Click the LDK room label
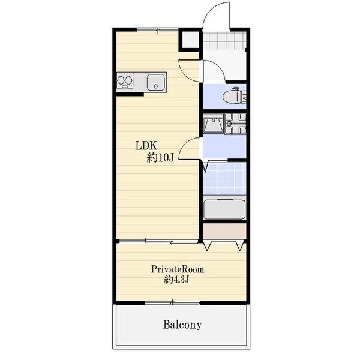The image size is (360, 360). click(146, 146)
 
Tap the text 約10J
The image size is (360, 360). click(160, 158)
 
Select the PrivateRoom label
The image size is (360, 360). click(178, 269)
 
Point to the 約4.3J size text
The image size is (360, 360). click(176, 280)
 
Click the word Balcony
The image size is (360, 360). click(182, 325)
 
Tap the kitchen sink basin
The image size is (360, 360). click(155, 82)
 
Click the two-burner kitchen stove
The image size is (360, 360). click(125, 80)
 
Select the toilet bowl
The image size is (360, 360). click(232, 97)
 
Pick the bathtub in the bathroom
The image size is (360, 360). click(224, 209)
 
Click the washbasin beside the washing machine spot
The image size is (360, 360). click(213, 125)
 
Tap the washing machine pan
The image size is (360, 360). click(235, 124)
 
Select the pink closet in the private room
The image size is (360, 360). click(224, 231)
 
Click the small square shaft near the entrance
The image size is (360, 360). click(190, 40)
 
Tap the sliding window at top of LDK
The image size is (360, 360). click(158, 29)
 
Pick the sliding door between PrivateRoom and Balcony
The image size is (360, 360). click(173, 303)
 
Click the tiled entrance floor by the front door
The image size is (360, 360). click(224, 41)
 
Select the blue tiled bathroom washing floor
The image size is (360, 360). click(225, 179)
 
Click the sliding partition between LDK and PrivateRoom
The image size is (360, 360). click(158, 241)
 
